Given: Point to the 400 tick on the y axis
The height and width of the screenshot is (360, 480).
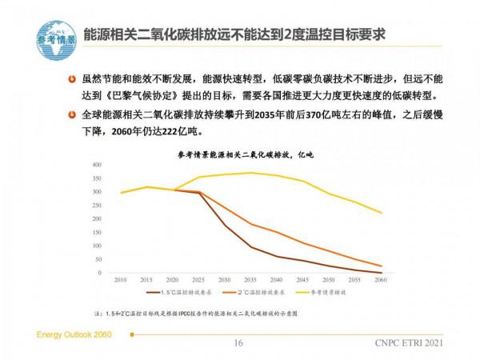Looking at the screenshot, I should click(x=98, y=165).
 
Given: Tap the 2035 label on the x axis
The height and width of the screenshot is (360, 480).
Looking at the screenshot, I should click(x=251, y=280).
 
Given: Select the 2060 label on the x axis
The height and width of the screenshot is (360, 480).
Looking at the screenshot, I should click(x=380, y=280).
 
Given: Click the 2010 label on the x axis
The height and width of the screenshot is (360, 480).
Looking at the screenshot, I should click(x=121, y=280).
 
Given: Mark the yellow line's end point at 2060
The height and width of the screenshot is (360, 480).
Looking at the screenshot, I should click(x=380, y=213).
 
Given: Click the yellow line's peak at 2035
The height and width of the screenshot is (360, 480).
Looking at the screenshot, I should click(x=251, y=173).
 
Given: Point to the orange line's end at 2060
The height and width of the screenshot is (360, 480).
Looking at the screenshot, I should click(x=380, y=266).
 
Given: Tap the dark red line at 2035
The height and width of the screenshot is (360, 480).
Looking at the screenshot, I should click(x=251, y=246).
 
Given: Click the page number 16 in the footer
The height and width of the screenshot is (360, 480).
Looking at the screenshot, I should click(x=238, y=344).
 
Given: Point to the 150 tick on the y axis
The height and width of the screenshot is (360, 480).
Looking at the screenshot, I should click(x=98, y=232).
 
